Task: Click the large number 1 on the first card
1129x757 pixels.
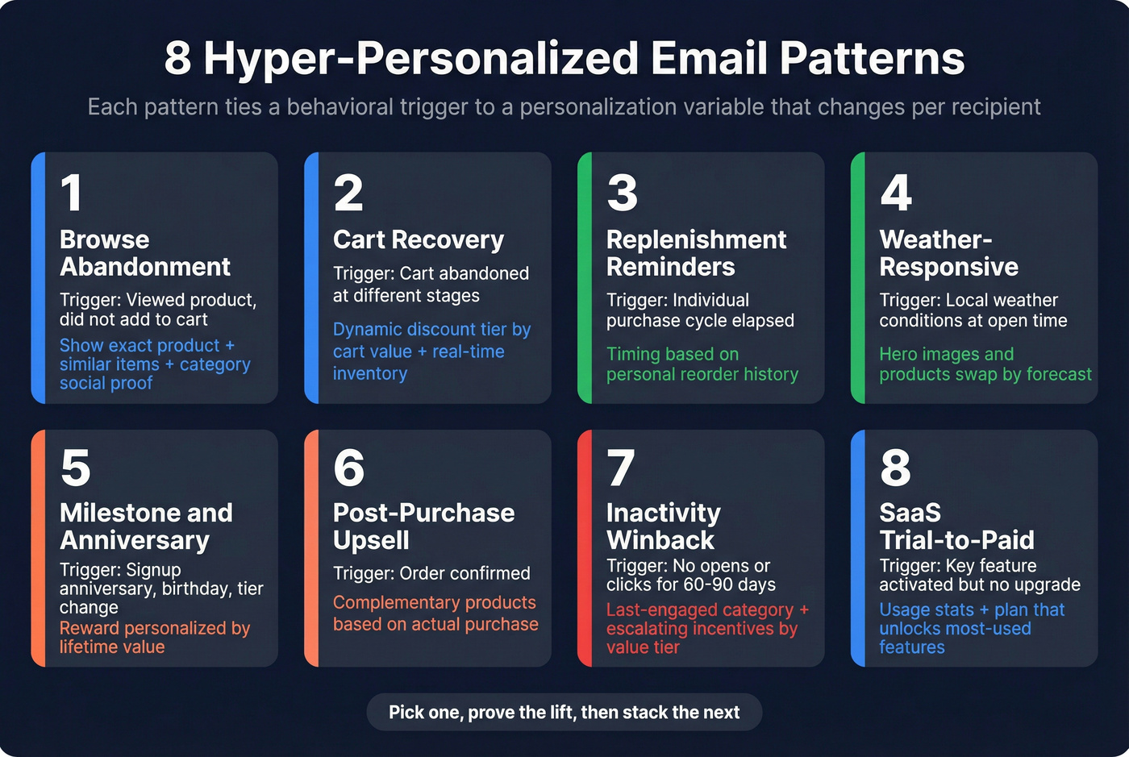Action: (x=71, y=193)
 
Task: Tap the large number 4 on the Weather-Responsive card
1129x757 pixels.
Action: (x=896, y=193)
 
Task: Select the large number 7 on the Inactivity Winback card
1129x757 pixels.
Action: (x=621, y=468)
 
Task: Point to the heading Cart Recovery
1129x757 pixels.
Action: (x=419, y=239)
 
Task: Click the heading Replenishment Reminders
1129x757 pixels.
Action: (x=696, y=253)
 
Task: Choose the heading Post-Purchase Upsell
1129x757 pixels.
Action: (x=423, y=526)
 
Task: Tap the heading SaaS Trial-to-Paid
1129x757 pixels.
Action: (x=956, y=526)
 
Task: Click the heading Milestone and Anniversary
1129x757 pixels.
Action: (x=146, y=526)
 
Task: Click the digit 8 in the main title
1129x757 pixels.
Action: (x=178, y=59)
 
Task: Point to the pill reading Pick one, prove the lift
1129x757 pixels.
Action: (x=564, y=712)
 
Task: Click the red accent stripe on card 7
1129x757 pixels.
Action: (x=585, y=548)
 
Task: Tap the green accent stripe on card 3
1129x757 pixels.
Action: (x=585, y=278)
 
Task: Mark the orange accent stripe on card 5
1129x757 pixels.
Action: (x=38, y=548)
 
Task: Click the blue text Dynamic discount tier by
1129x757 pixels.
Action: (x=431, y=330)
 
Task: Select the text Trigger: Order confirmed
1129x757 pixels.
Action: (x=431, y=573)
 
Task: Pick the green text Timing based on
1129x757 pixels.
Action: (x=673, y=354)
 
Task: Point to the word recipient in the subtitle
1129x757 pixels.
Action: (x=994, y=107)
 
